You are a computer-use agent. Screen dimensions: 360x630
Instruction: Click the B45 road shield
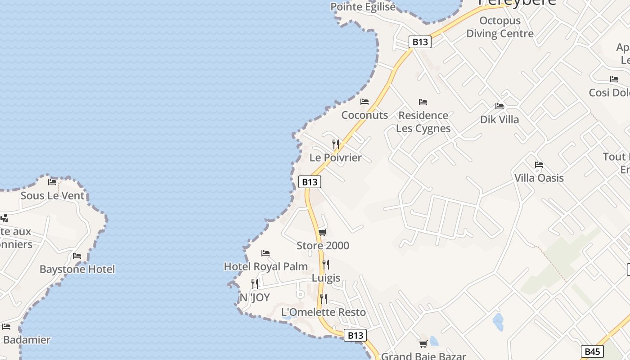(x=592, y=351)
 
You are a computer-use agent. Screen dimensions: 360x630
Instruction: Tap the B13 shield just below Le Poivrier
(x=310, y=182)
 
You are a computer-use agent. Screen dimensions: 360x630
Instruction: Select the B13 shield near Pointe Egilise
(x=420, y=42)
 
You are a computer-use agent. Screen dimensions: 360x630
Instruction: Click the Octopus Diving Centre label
(x=500, y=27)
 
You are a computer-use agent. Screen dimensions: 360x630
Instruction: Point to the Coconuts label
(x=364, y=115)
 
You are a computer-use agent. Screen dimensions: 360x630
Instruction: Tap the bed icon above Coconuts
(x=364, y=102)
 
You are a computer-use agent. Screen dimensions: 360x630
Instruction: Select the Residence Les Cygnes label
(x=423, y=122)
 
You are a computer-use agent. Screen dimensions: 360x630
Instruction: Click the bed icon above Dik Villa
(x=499, y=106)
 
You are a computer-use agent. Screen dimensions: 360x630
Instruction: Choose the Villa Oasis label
(x=539, y=178)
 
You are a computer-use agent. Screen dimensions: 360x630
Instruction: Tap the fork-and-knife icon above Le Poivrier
(x=336, y=144)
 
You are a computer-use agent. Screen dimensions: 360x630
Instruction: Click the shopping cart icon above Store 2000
(x=322, y=232)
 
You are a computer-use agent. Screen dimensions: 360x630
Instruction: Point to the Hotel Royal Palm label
(x=265, y=266)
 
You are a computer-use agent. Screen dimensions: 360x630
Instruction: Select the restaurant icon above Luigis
(x=326, y=265)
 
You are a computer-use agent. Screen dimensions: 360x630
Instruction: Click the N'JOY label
(x=255, y=297)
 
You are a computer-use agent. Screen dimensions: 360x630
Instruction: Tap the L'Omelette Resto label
(x=323, y=312)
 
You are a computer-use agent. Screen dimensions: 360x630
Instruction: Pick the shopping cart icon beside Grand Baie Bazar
(x=423, y=344)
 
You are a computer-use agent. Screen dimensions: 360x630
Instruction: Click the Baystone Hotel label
(x=77, y=270)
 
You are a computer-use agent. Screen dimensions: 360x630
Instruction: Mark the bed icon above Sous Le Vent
(x=52, y=182)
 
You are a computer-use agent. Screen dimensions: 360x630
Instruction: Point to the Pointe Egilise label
(x=363, y=7)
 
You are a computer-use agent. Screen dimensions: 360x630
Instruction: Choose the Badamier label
(x=26, y=340)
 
